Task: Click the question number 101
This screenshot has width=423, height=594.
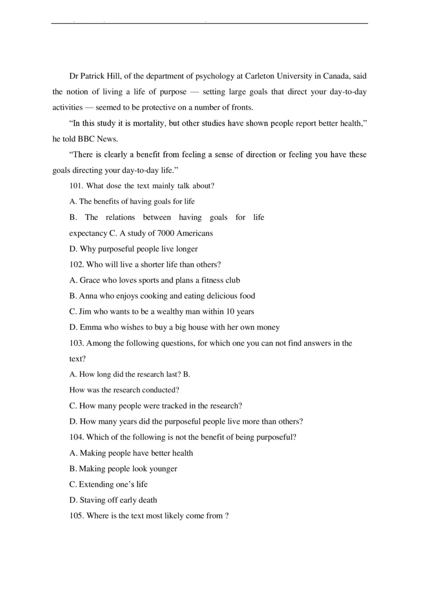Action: click(x=76, y=186)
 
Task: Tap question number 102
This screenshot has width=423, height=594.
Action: click(x=76, y=264)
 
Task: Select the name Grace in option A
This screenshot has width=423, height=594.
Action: click(x=90, y=280)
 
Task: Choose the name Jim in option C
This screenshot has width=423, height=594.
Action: click(x=85, y=312)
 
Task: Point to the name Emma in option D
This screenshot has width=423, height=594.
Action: click(x=90, y=328)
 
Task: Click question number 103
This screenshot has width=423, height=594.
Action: click(x=76, y=343)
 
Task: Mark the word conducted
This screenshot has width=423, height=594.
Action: click(x=161, y=390)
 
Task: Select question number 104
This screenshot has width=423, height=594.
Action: click(x=76, y=437)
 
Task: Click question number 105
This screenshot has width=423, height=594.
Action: click(x=76, y=516)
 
